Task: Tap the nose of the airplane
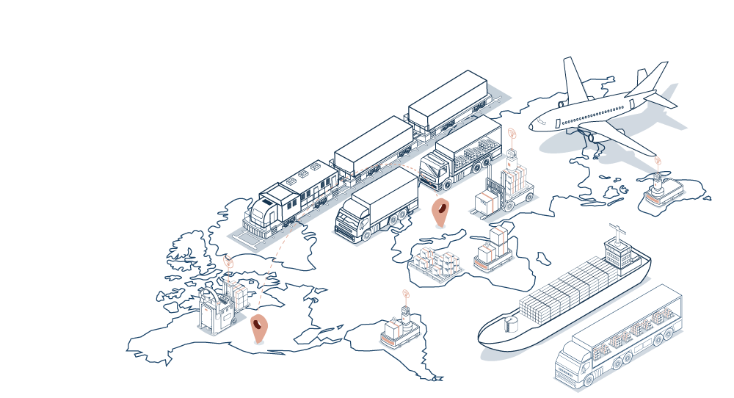point(534,123)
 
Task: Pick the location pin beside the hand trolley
point(258,328)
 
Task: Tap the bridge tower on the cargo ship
point(616,253)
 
